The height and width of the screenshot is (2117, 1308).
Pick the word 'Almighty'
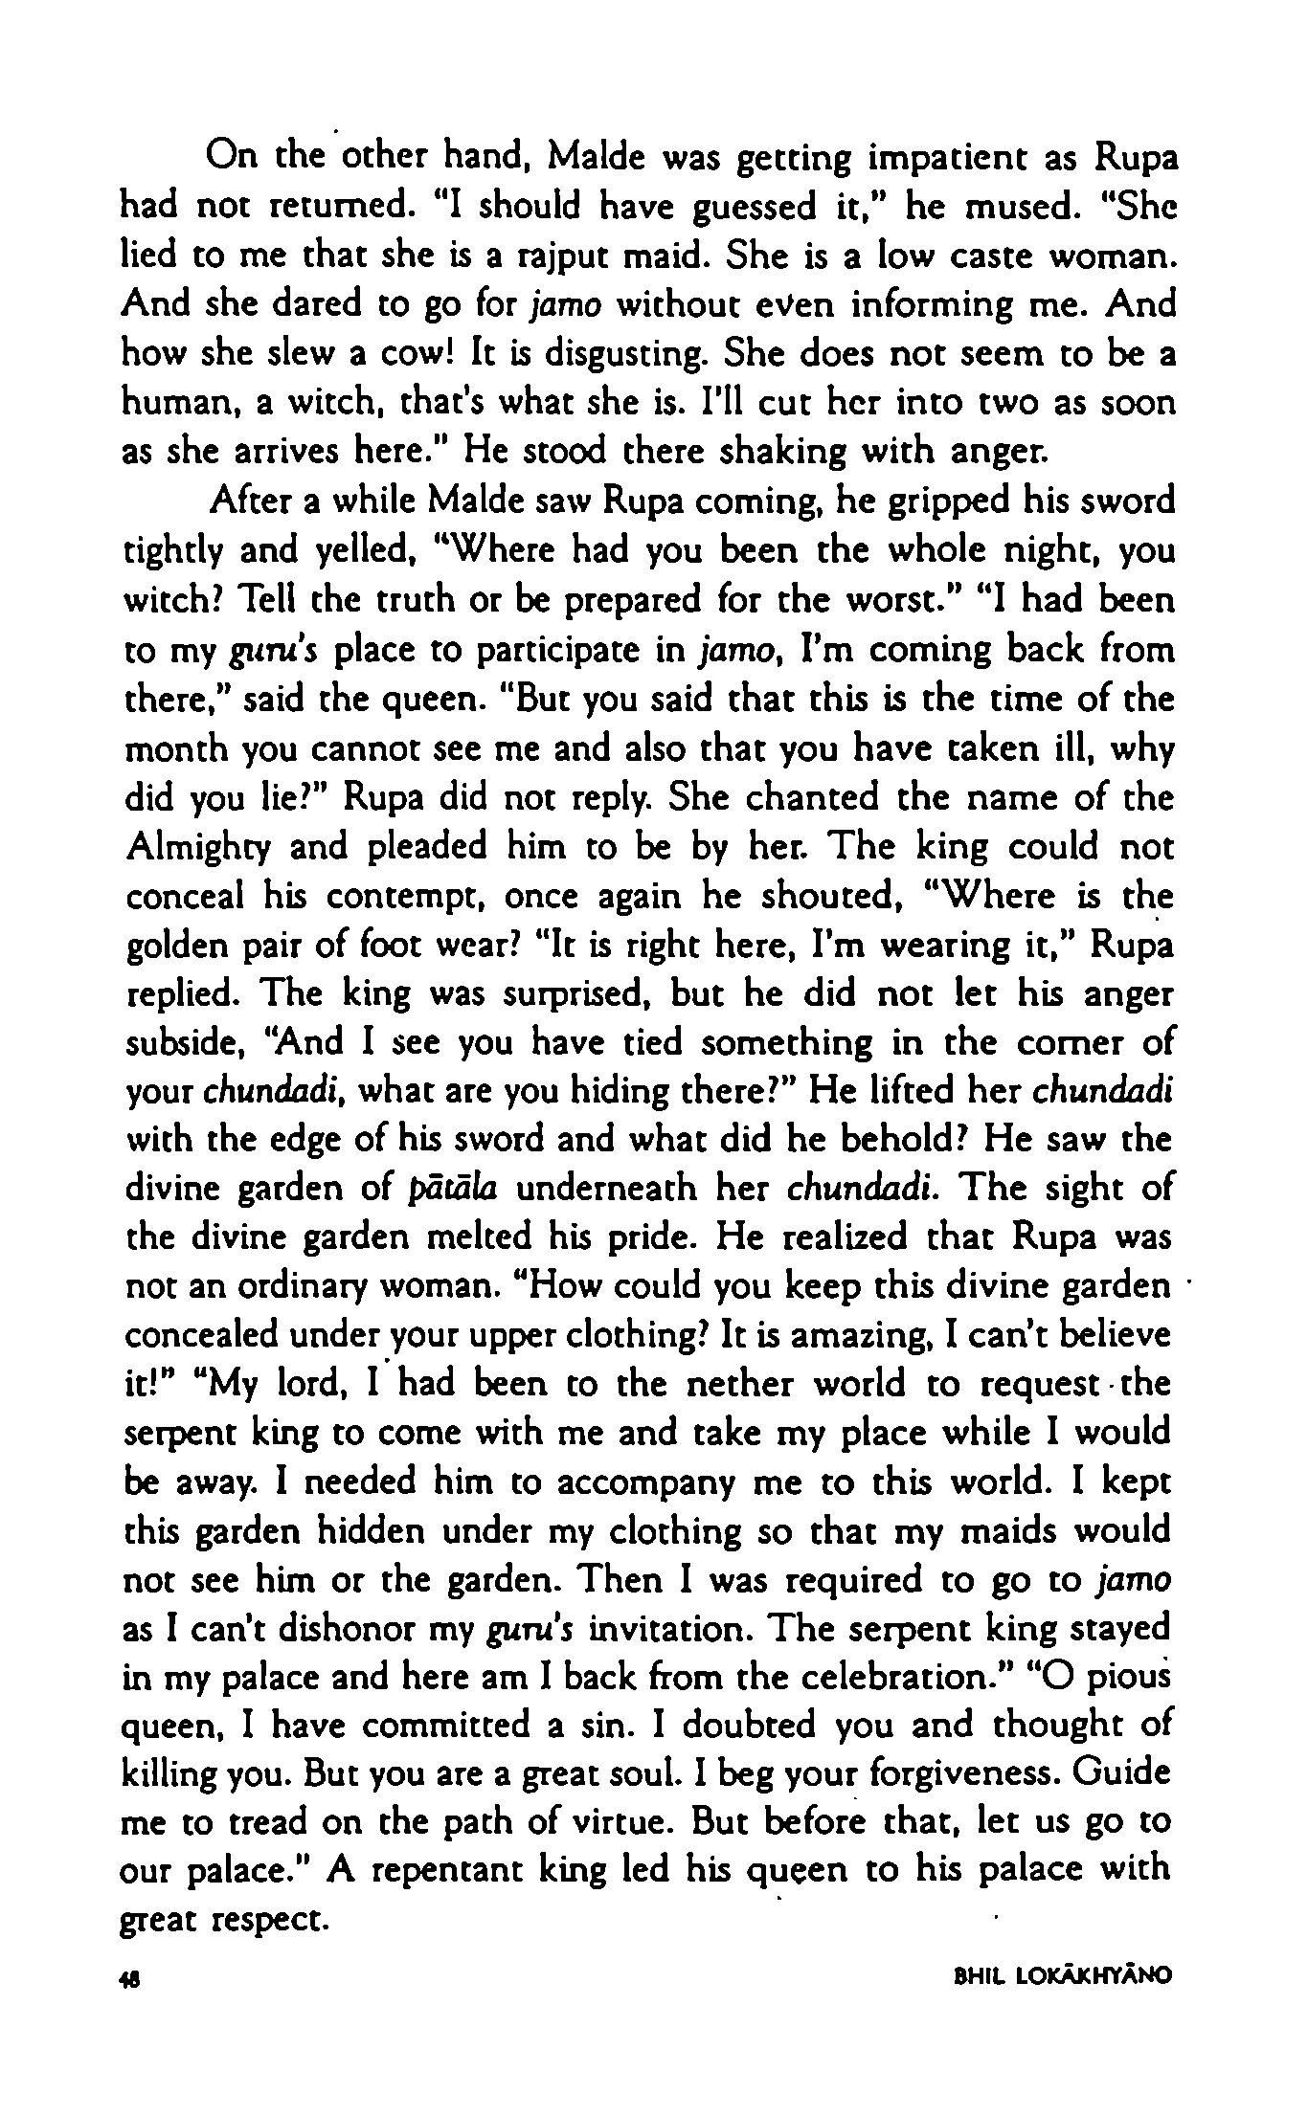coord(201,848)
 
